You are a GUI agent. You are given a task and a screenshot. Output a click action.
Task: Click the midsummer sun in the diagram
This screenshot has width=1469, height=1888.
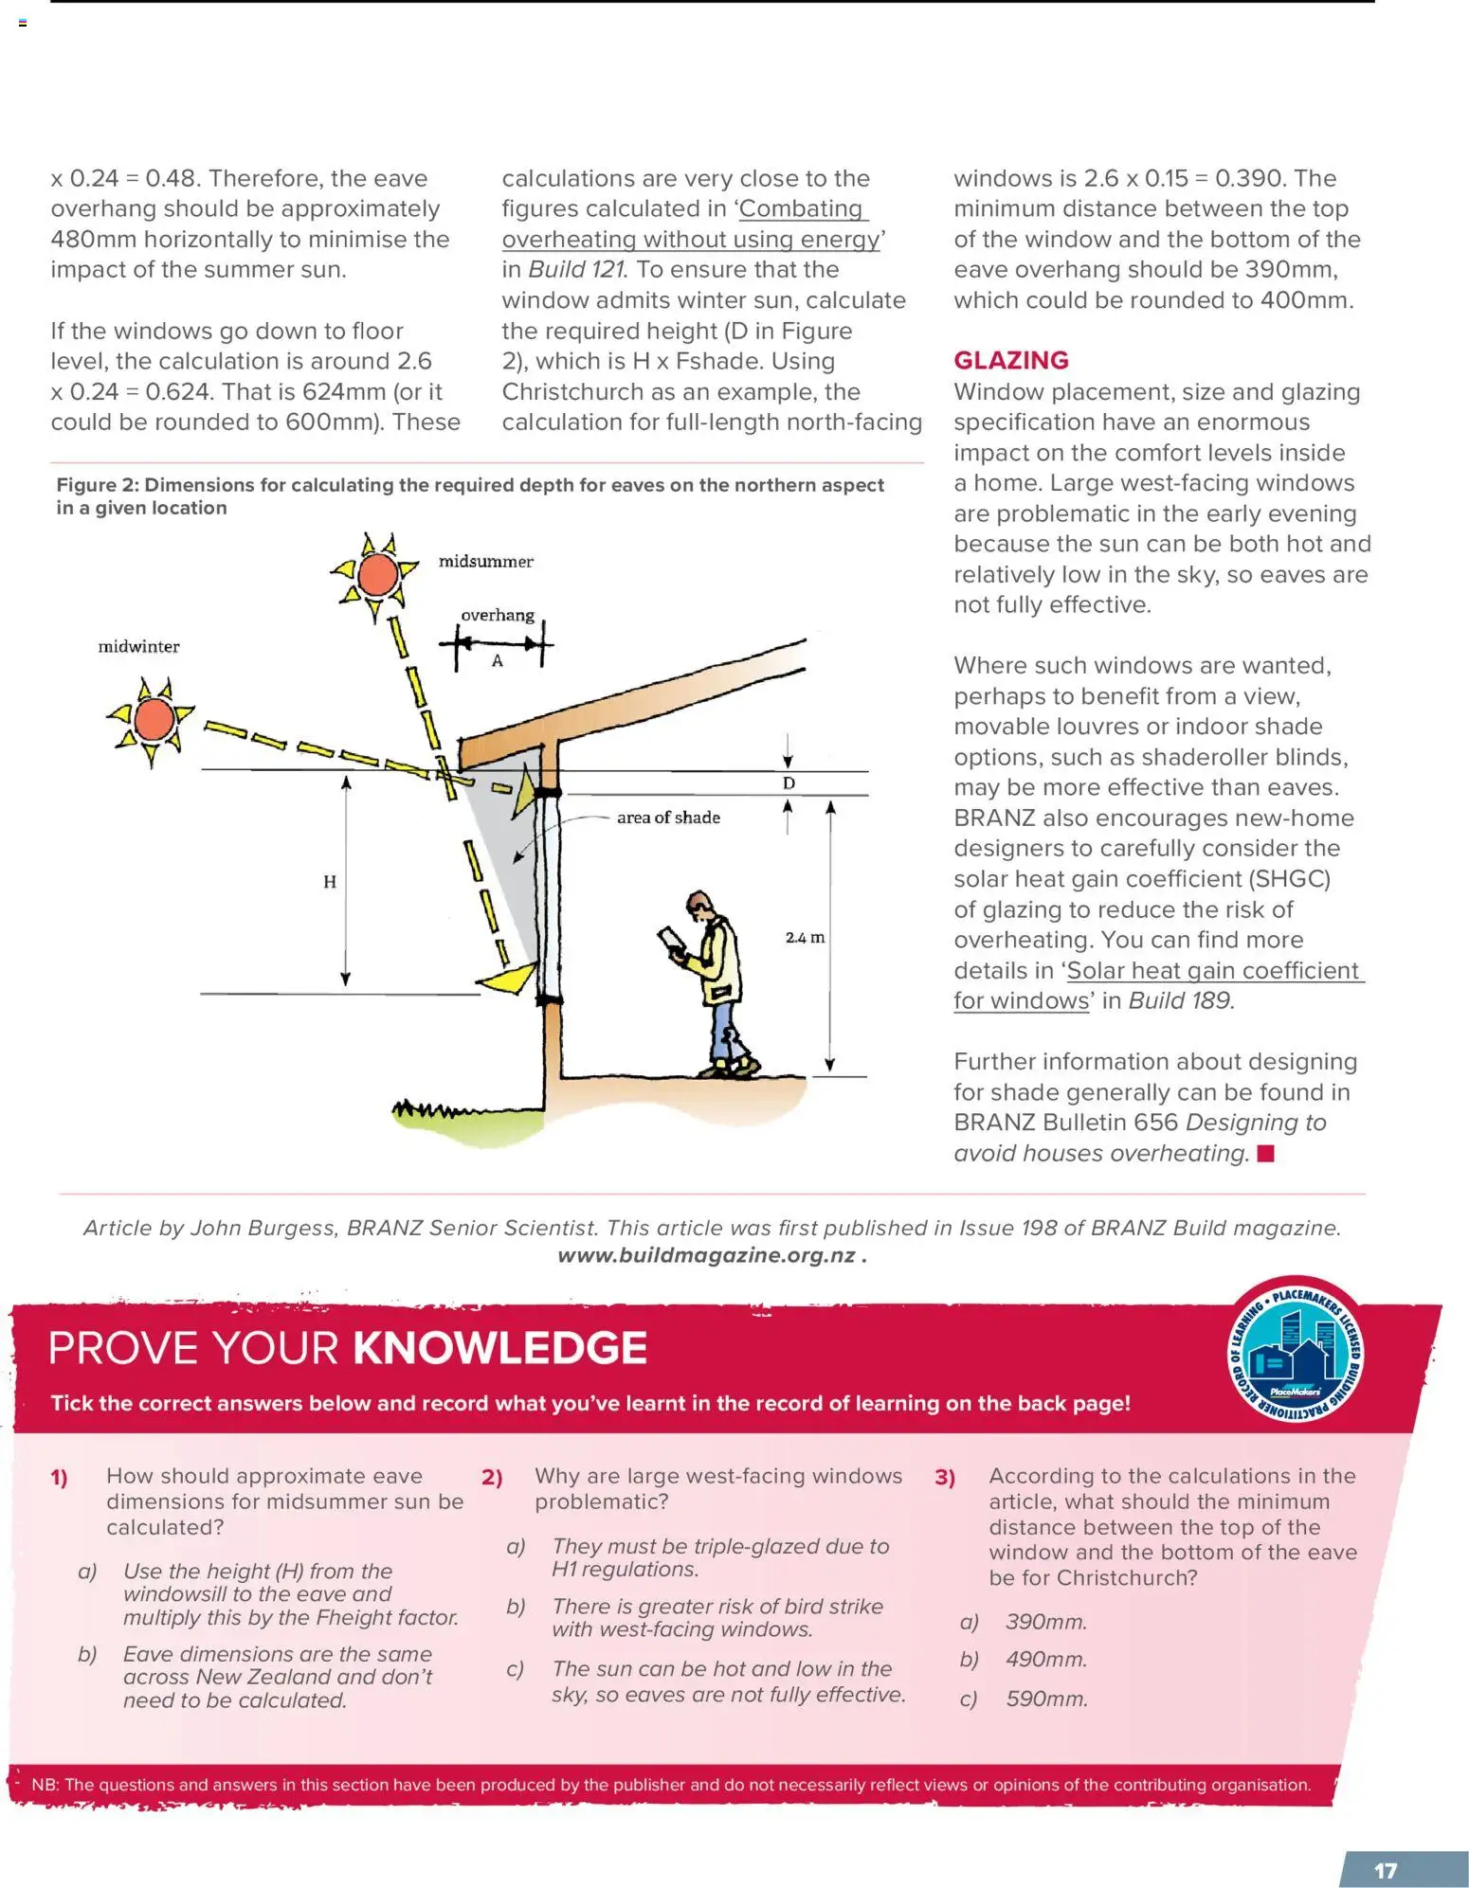coord(377,574)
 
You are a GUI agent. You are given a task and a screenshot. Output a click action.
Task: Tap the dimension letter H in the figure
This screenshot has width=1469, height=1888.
coord(329,882)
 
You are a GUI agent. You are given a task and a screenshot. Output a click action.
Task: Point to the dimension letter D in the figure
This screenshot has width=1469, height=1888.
coord(789,783)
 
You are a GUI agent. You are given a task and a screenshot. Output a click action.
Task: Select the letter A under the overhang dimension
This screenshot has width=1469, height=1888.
coord(497,661)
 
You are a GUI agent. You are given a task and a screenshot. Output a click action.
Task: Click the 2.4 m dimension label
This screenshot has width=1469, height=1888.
coord(805,938)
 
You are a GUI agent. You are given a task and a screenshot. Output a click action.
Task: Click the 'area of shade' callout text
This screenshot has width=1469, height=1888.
coord(668,818)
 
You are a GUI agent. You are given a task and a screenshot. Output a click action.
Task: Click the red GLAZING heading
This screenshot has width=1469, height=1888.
coord(1010,360)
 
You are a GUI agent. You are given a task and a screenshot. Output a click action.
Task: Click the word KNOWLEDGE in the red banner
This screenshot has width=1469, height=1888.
coord(499,1348)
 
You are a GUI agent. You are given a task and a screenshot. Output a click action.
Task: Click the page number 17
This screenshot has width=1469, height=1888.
coord(1386,1870)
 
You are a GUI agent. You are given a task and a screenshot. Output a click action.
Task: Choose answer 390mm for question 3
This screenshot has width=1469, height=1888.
coord(1045,1621)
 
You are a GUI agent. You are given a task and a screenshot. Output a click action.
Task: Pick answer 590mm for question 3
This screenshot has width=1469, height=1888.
coord(1046,1698)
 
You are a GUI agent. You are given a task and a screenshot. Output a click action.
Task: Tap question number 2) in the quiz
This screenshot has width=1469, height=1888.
coord(492,1477)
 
